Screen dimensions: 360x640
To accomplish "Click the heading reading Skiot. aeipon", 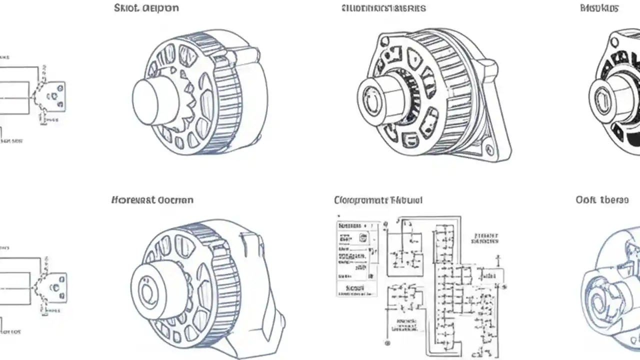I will [146, 8].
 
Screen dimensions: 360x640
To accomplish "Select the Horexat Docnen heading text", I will [152, 200].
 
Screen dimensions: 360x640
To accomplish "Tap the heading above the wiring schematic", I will [378, 200].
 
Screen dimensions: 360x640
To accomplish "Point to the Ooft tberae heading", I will [602, 200].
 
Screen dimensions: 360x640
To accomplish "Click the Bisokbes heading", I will [599, 8].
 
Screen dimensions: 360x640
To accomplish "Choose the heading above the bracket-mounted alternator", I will [384, 8].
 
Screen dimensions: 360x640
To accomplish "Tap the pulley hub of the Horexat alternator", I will [150, 290].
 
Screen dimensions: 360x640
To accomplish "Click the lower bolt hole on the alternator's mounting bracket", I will [489, 149].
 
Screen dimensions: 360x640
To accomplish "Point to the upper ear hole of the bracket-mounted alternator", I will [384, 40].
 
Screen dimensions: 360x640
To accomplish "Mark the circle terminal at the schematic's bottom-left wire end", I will [387, 343].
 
